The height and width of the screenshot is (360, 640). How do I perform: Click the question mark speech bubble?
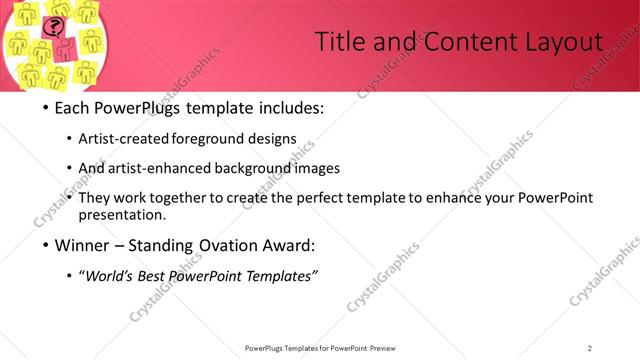pos(56,27)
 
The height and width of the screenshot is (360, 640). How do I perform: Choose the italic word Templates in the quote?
pos(280,276)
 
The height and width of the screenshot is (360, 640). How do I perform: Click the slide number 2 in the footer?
pos(590,348)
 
